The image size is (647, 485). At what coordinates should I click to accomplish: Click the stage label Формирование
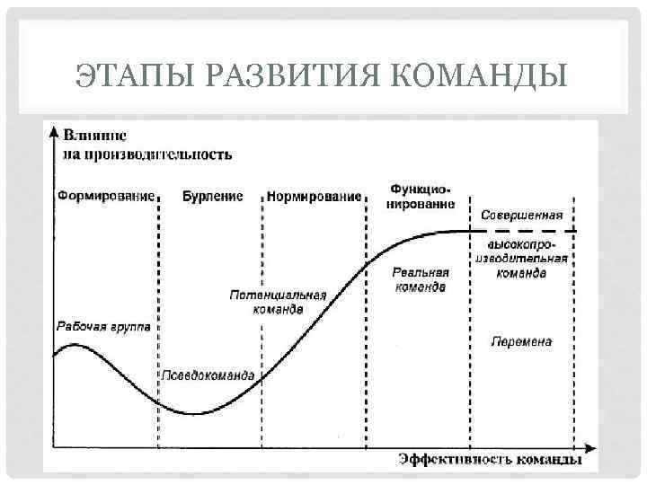[x=105, y=196]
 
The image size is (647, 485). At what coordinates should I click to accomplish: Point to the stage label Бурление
[x=212, y=196]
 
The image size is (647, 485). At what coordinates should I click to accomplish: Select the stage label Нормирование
[x=314, y=196]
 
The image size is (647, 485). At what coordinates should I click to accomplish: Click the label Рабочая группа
[x=104, y=328]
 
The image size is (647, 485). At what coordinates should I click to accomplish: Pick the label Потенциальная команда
[x=278, y=302]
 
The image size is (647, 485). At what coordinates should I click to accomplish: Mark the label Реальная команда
[x=420, y=279]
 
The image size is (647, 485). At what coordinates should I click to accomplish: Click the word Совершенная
[x=521, y=215]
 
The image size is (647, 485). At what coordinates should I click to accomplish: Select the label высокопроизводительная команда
[x=521, y=259]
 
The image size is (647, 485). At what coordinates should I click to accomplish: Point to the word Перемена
[x=521, y=341]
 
